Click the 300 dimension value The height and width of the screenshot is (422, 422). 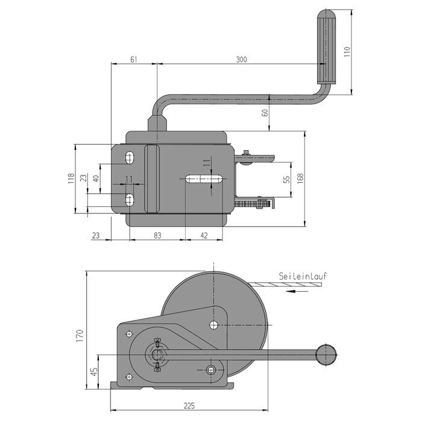pos(241,59)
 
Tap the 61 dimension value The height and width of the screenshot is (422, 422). pos(134,59)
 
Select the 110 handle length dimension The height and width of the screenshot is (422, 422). pos(347,51)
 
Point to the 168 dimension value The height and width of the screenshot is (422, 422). pos(301,178)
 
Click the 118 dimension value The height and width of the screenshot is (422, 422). pos(71,178)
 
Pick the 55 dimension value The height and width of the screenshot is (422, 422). pos(287,179)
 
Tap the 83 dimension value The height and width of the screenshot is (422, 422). pos(157,236)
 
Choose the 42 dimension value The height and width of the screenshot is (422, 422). pos(204,236)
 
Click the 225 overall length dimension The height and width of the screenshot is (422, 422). pos(189,406)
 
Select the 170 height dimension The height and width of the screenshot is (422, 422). pos(80,335)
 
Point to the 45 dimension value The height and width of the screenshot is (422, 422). pos(94,372)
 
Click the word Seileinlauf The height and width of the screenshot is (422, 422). pos(303,276)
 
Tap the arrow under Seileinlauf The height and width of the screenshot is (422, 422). pos(297,291)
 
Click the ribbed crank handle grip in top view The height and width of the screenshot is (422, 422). pos(326,47)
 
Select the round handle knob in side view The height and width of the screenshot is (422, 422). pos(326,354)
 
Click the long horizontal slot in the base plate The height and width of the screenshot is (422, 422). pos(204,179)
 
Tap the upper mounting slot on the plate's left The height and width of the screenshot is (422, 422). pos(130,158)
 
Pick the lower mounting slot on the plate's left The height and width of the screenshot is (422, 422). pos(130,200)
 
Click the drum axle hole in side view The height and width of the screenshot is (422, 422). pos(213,325)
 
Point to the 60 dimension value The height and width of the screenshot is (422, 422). pos(265,113)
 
